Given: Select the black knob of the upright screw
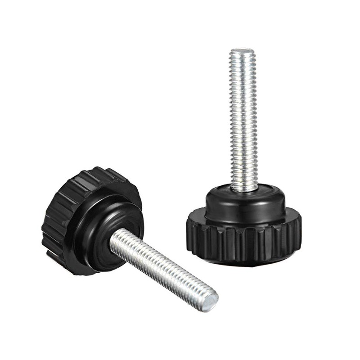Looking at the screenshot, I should point(243,225).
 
